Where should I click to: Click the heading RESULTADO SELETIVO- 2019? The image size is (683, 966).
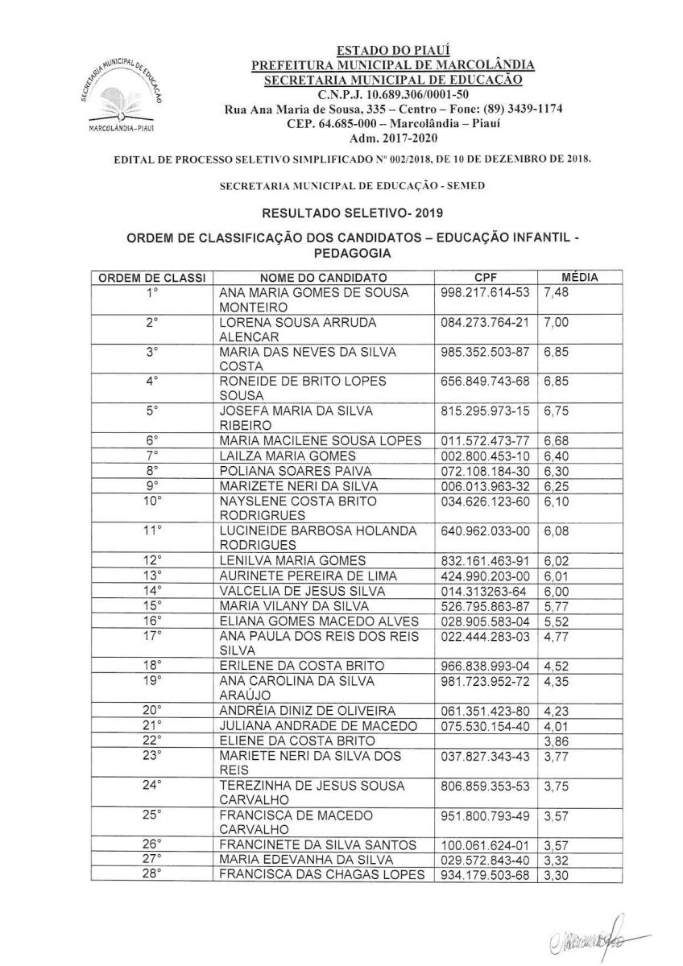click(341, 213)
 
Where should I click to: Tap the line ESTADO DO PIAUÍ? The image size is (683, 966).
click(392, 52)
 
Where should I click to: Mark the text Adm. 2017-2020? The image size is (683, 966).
click(392, 138)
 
